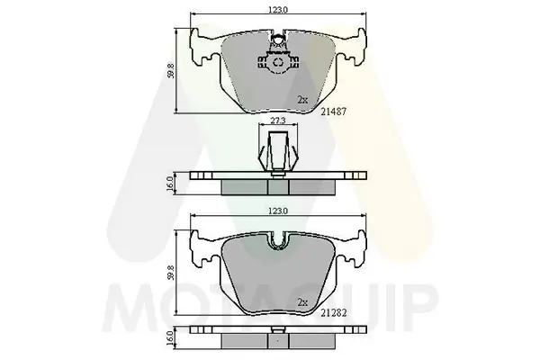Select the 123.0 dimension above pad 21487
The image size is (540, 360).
click(x=276, y=9)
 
